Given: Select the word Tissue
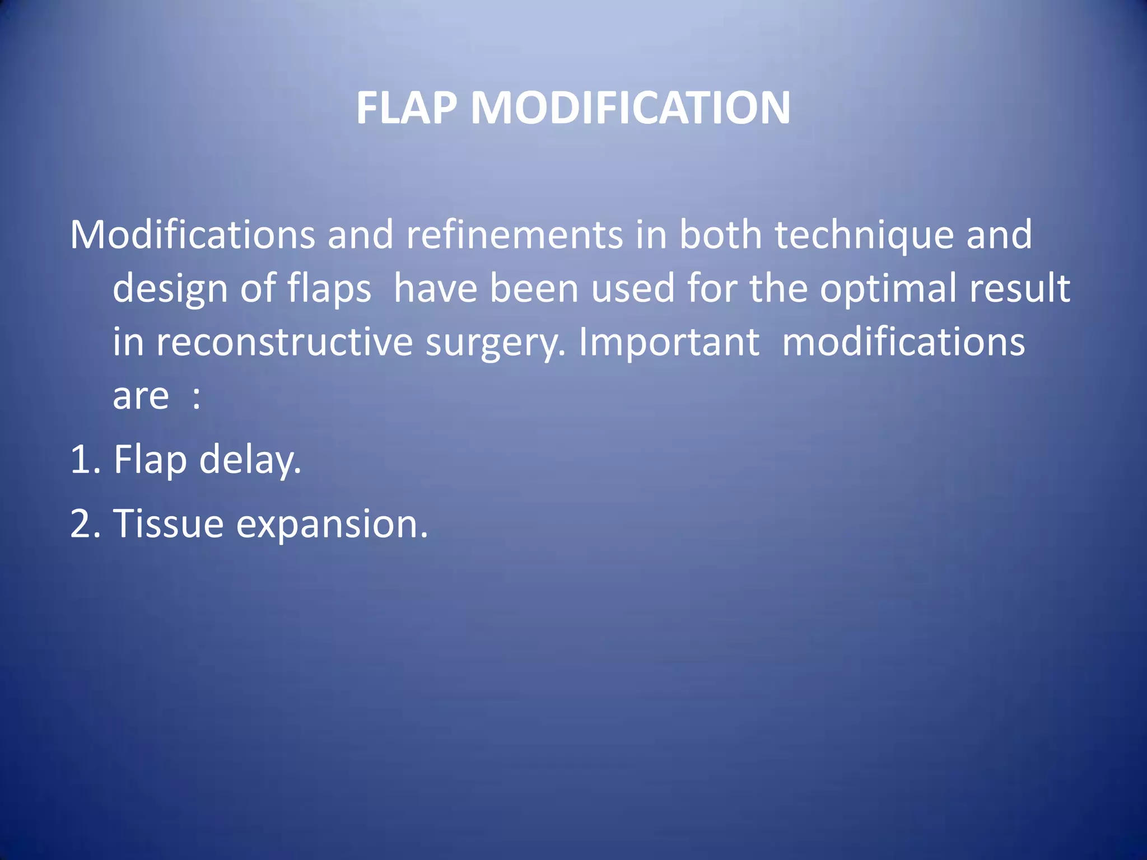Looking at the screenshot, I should (169, 524).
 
